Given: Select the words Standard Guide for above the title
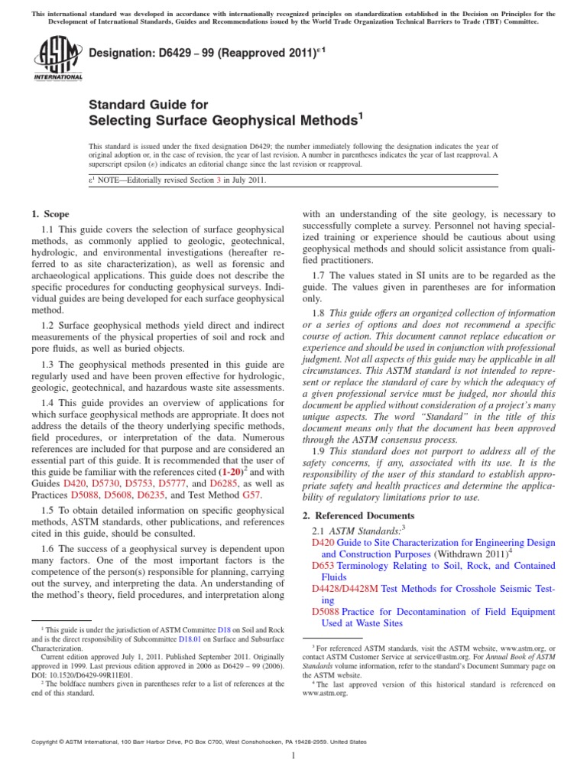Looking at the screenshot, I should (x=148, y=105).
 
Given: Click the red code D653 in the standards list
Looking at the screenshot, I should (x=323, y=565).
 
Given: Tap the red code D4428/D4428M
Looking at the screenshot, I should (x=345, y=589).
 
